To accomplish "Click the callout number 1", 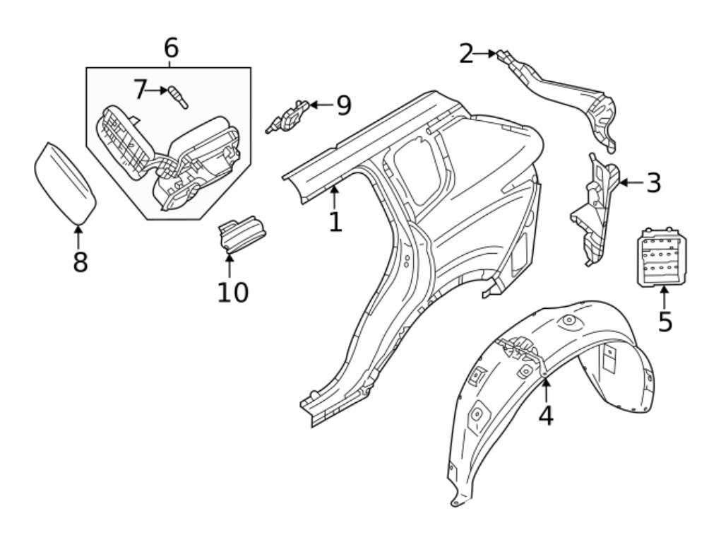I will point(335,222).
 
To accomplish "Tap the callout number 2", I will point(466,54).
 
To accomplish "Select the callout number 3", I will point(654,183).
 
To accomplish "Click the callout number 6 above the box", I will point(171,48).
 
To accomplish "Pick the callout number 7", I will point(140,90).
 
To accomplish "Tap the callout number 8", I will point(81,262).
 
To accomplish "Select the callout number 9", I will point(343,106).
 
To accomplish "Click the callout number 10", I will point(232,291).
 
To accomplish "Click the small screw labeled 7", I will point(178,97).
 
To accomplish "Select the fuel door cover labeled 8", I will point(64,183).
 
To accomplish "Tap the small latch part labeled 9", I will point(287,117).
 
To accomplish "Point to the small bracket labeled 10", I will point(242,234).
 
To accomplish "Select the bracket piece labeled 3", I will point(595,209).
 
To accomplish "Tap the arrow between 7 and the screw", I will point(157,90).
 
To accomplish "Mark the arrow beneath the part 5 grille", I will point(664,297).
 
